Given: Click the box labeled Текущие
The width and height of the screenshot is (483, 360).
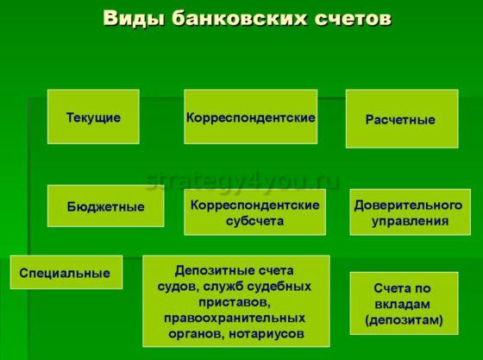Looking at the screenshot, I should [93, 117].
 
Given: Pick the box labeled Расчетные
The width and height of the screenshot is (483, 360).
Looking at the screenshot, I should [401, 119].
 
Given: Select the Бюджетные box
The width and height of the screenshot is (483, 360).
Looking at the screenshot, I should [105, 206].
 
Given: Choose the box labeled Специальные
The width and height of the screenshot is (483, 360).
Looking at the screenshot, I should [66, 273].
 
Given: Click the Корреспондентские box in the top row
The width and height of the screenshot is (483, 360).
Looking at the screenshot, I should [250, 117].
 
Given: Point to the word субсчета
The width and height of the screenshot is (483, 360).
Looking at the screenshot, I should [255, 221].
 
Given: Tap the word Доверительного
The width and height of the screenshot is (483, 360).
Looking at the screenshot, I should [410, 205].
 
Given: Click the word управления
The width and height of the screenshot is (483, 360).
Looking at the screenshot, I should [410, 221].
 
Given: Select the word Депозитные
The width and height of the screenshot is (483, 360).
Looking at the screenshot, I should [210, 269].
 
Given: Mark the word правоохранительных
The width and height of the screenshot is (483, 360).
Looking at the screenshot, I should [234, 317].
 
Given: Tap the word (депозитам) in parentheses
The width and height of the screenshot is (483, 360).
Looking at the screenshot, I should [404, 319].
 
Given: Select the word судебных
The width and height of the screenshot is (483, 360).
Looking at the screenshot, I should [281, 285].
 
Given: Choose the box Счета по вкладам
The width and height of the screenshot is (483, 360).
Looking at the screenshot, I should [404, 304].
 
